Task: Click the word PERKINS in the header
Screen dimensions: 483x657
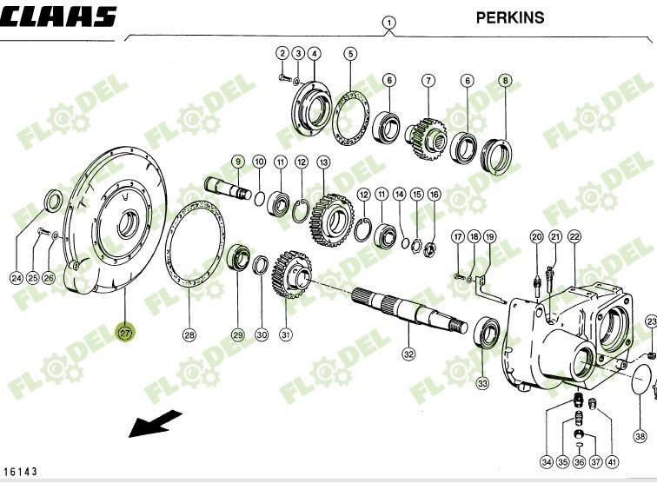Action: [510, 17]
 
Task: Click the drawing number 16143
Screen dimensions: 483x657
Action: [21, 471]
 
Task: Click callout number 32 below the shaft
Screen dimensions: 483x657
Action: [408, 354]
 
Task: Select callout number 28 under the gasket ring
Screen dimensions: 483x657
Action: [189, 334]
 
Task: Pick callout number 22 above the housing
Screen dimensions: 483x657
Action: [574, 236]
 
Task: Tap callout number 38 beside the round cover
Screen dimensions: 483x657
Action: [640, 436]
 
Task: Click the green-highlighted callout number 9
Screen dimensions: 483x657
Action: [237, 162]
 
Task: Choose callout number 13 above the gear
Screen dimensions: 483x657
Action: [323, 162]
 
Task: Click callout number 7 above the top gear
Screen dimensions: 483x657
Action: [428, 81]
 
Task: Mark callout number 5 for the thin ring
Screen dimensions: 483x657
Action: [350, 54]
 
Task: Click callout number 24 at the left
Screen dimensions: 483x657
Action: [16, 278]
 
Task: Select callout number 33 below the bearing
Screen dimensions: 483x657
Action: [482, 382]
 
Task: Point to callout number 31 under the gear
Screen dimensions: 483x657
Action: [285, 334]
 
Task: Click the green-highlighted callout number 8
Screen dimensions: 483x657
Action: [505, 81]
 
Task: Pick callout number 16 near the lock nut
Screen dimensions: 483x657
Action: [434, 194]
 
